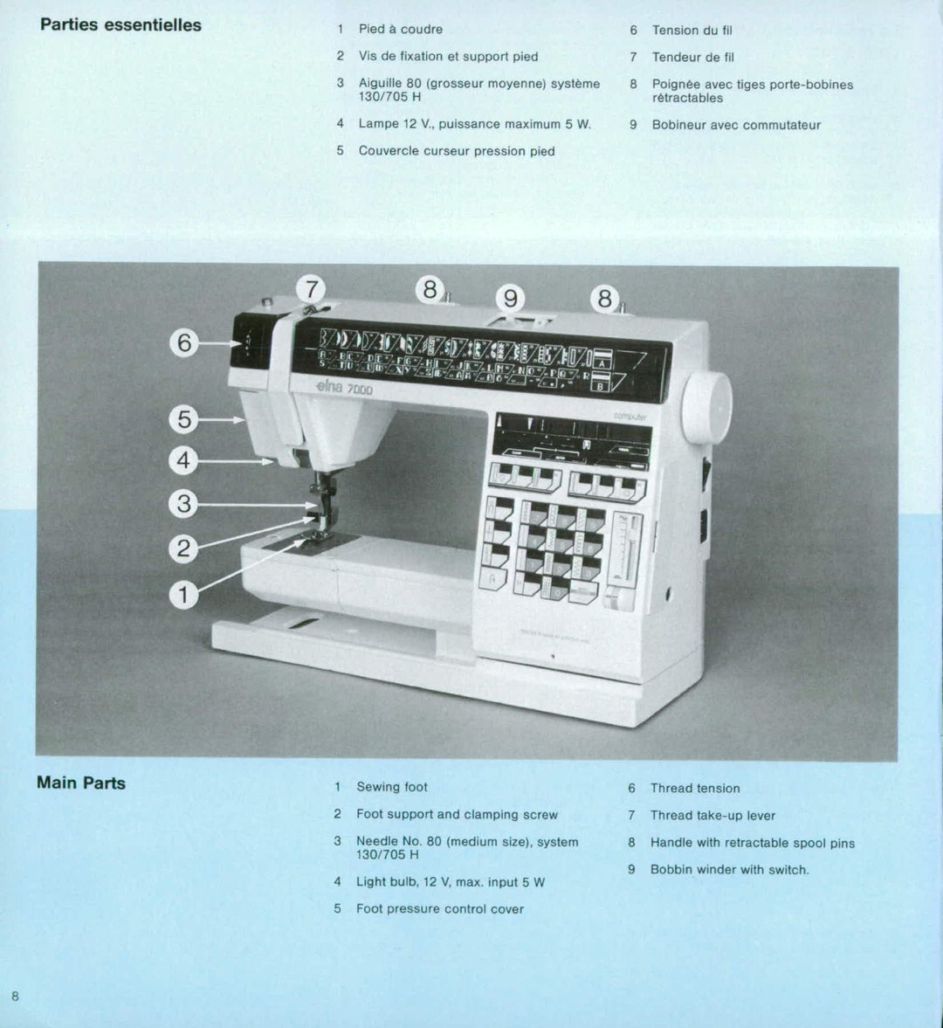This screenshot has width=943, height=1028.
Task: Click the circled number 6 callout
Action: (184, 342)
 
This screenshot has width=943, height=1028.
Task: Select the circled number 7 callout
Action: (310, 289)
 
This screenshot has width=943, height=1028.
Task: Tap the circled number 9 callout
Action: (510, 299)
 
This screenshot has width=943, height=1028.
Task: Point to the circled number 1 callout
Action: (183, 595)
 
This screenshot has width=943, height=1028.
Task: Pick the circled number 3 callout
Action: (183, 504)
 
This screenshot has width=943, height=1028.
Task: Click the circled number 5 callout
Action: (183, 419)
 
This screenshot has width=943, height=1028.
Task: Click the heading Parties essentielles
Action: (120, 25)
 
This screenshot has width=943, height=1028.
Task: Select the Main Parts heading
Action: (81, 783)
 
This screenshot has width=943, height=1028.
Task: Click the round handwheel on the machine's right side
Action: (707, 407)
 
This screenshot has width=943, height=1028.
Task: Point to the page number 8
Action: (15, 996)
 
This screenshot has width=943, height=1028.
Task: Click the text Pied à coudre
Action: (400, 29)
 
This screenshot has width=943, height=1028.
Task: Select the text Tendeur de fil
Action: (692, 57)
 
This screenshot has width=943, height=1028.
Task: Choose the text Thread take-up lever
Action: (712, 815)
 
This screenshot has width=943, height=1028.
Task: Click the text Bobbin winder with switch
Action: (729, 869)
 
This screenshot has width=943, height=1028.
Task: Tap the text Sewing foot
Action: (391, 787)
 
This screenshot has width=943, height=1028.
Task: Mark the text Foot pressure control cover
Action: (439, 908)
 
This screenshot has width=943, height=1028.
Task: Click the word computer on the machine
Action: (630, 417)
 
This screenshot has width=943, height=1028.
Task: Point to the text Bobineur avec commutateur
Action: (736, 125)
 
